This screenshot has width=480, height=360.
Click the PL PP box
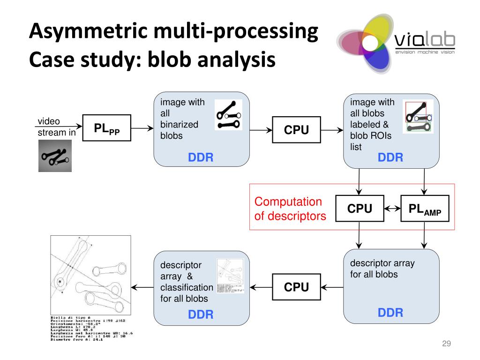(x=106, y=128)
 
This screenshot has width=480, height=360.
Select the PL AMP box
(x=425, y=209)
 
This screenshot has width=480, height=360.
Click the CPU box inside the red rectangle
(x=360, y=209)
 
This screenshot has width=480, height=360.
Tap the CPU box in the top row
(x=296, y=130)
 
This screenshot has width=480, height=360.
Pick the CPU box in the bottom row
(x=296, y=287)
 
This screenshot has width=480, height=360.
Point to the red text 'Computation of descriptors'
(x=288, y=209)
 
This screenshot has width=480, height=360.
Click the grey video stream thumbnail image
(x=55, y=155)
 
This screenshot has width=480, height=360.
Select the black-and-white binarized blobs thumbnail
(x=228, y=115)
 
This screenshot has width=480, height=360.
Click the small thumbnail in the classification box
(x=230, y=277)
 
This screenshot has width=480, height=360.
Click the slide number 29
(x=446, y=344)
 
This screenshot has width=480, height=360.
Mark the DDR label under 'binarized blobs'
(x=201, y=158)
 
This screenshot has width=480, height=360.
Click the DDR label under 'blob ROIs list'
(x=390, y=158)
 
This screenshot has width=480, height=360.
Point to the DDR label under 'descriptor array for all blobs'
(x=390, y=313)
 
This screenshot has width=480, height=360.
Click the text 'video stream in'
(x=56, y=127)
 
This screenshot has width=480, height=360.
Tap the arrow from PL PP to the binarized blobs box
(x=142, y=128)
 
